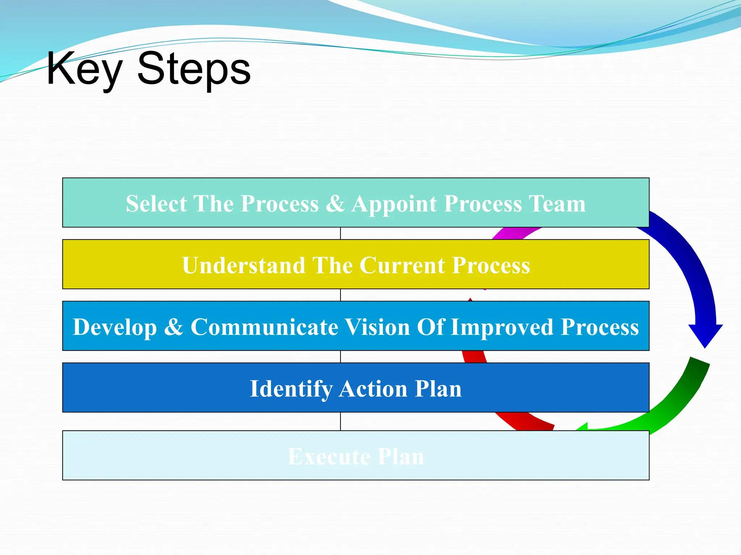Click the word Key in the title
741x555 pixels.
pos(84,69)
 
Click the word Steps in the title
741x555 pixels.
pos(194,69)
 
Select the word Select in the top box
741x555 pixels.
pos(156,203)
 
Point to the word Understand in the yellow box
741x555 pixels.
pos(244,265)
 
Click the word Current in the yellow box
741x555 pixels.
pos(402,265)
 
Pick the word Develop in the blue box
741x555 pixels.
pos(115,327)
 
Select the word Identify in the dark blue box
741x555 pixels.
pos(291,389)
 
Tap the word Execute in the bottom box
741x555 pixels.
pos(329,456)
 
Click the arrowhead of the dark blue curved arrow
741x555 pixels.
pos(705,334)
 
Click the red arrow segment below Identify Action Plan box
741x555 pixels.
pos(525,421)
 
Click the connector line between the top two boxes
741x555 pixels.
pos(340,233)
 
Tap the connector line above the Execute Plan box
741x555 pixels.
pos(340,421)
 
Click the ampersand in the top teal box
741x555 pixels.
pos(335,203)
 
